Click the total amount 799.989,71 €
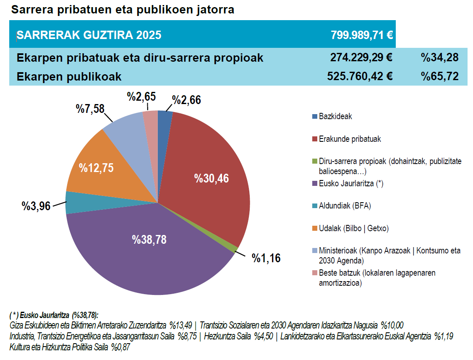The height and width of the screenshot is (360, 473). (x=361, y=35)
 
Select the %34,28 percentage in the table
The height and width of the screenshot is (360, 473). (x=440, y=57)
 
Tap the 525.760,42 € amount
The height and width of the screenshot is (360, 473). (x=360, y=76)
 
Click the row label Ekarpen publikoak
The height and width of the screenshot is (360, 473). (x=69, y=77)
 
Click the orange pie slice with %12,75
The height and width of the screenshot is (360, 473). (x=96, y=168)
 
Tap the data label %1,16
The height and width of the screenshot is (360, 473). (x=266, y=258)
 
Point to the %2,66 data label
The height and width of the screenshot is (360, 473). (x=187, y=100)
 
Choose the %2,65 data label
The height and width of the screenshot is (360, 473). (x=141, y=97)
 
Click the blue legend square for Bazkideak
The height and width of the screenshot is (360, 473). (x=315, y=116)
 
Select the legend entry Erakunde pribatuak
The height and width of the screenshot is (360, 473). (x=350, y=139)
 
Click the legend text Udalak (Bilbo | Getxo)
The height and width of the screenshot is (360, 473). (x=353, y=229)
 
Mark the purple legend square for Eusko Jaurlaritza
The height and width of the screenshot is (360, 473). (x=315, y=183)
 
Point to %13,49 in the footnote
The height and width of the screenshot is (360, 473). (x=180, y=326)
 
